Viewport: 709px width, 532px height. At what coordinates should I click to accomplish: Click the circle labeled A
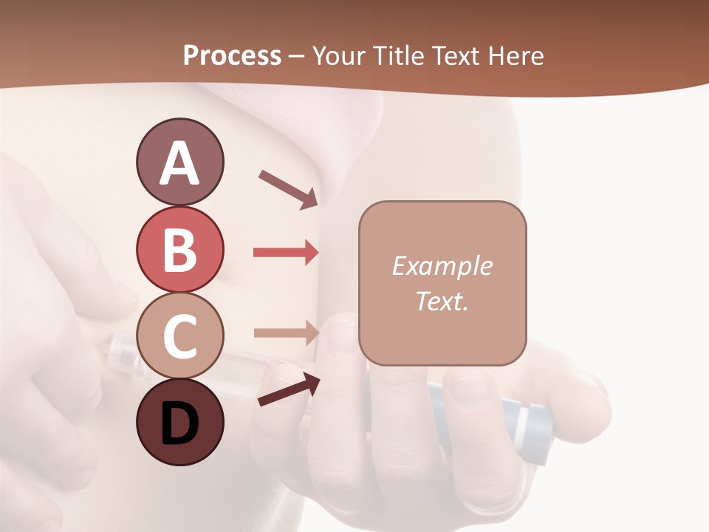(x=179, y=162)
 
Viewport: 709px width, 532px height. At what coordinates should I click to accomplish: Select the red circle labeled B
(x=179, y=249)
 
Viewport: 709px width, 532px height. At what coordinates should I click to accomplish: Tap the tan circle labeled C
(x=179, y=336)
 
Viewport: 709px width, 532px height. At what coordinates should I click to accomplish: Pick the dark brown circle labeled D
(x=179, y=423)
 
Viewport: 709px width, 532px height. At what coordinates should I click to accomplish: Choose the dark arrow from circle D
(x=289, y=389)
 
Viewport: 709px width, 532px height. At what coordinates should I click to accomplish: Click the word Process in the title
(x=232, y=55)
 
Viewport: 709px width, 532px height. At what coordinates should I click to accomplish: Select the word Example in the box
(x=442, y=266)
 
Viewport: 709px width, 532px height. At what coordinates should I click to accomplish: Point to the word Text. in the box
(x=442, y=301)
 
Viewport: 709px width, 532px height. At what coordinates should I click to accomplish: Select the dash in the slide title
(x=297, y=56)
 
